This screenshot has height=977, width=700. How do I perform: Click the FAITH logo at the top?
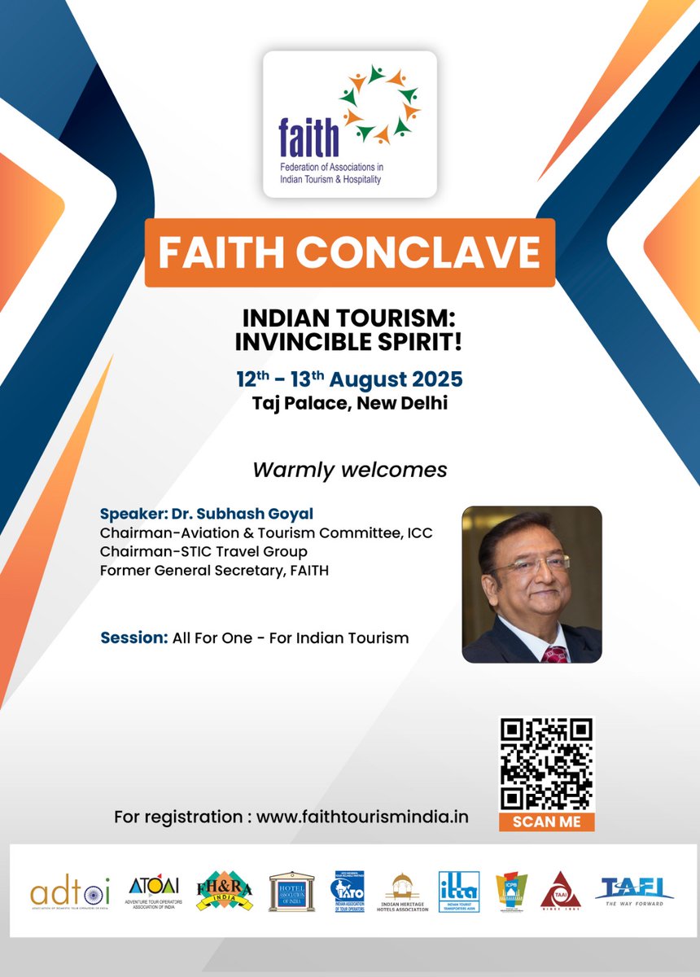tap(349, 124)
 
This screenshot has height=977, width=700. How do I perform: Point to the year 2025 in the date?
tap(432, 379)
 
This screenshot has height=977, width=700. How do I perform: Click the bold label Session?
tap(133, 638)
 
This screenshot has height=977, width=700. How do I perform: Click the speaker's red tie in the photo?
tap(554, 652)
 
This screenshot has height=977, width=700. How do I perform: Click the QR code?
tap(546, 764)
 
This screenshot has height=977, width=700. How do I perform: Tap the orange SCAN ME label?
tap(546, 821)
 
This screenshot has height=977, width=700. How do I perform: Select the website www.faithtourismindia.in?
tap(362, 817)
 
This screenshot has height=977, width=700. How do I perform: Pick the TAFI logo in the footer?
tap(634, 891)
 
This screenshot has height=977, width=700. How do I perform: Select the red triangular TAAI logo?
tap(561, 891)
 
